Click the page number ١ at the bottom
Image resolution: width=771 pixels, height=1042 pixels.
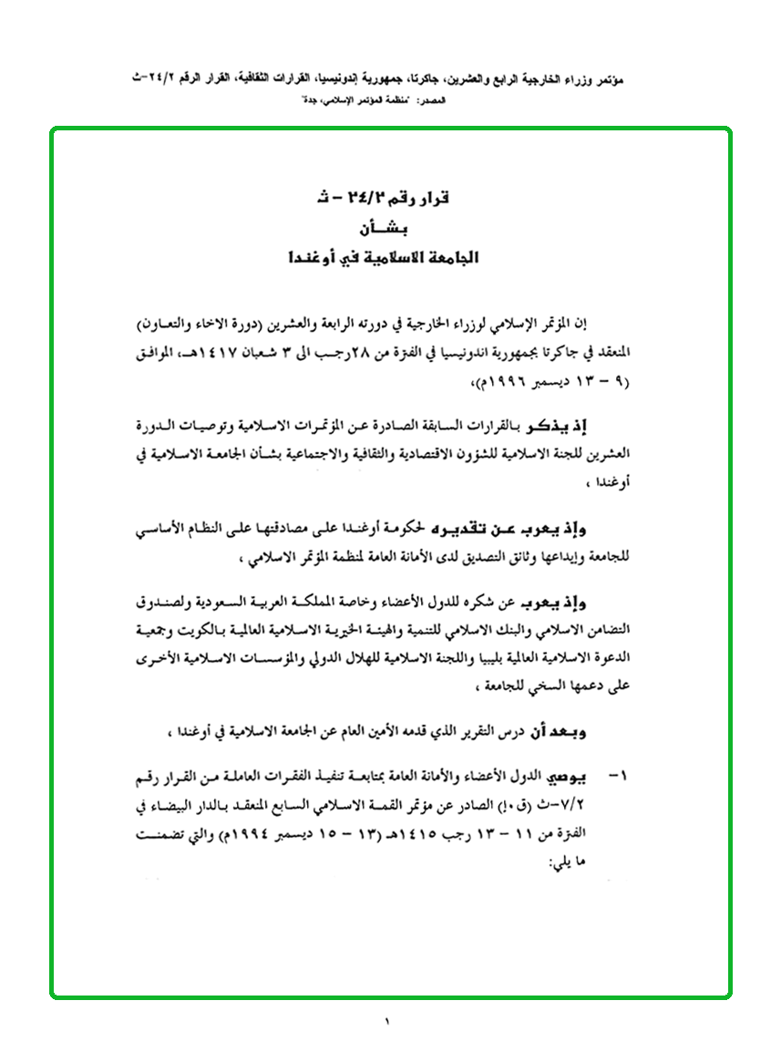(386, 1021)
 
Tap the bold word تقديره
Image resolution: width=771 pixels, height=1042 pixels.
(454, 528)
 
